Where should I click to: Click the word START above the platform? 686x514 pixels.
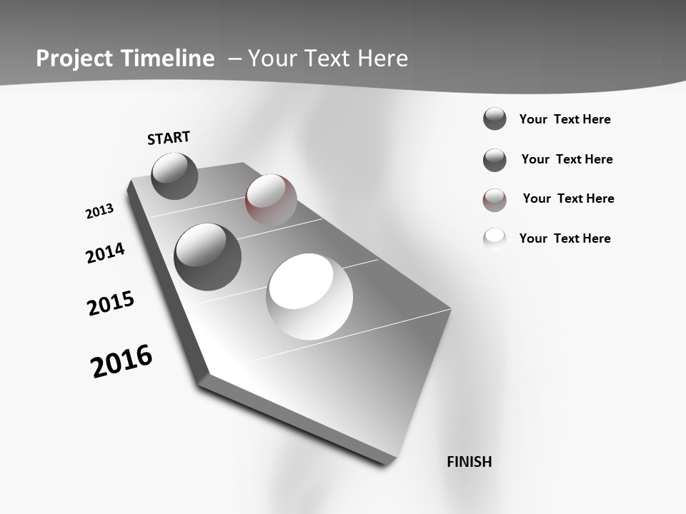(x=169, y=138)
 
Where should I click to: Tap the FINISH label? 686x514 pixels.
(x=469, y=462)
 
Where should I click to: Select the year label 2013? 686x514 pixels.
(x=99, y=211)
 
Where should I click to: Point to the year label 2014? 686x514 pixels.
(x=105, y=253)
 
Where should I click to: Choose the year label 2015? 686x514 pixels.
(x=111, y=303)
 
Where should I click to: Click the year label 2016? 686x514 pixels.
(x=121, y=361)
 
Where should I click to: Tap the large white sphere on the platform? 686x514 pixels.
(x=309, y=296)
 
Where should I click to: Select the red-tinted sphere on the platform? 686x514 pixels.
(x=271, y=199)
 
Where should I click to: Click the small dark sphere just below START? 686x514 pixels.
(x=174, y=176)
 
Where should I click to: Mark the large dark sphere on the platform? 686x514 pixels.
(x=207, y=256)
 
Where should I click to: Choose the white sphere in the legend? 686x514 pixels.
(x=494, y=238)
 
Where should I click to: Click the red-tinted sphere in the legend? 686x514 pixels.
(x=494, y=200)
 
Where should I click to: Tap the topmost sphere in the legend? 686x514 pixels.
(x=494, y=119)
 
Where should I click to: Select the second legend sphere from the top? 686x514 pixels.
(x=494, y=160)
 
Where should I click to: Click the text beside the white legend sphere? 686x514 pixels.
(x=565, y=238)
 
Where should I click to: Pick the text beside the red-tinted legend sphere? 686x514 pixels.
(x=568, y=198)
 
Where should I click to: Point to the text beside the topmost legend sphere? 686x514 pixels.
(x=565, y=119)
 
